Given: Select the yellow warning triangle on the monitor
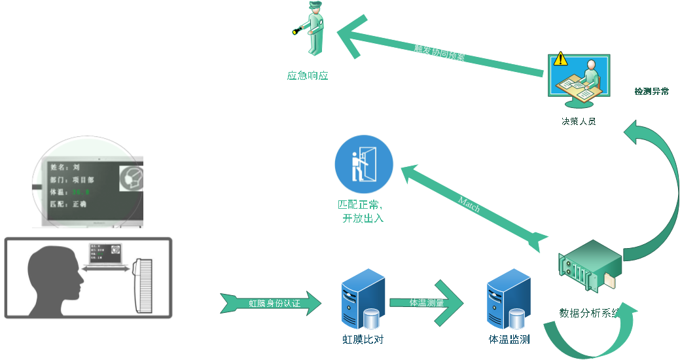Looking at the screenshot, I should [560, 60].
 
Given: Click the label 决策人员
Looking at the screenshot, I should [579, 121].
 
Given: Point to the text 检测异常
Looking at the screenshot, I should [651, 92].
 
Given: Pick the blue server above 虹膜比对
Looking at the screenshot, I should [363, 298].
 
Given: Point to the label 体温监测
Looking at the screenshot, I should [509, 339].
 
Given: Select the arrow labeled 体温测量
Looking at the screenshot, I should [427, 302].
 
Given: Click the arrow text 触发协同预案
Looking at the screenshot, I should [440, 53].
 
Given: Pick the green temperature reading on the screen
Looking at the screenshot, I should [81, 192].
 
